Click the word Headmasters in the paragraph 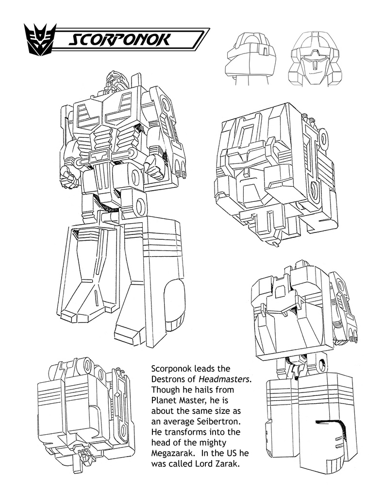[x=230, y=379]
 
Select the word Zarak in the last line [x=228, y=465]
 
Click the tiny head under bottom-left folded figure [x=86, y=457]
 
